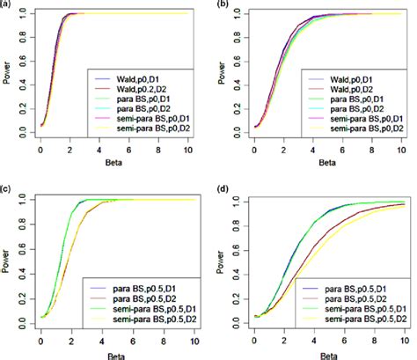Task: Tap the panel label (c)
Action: [x=6, y=188]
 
